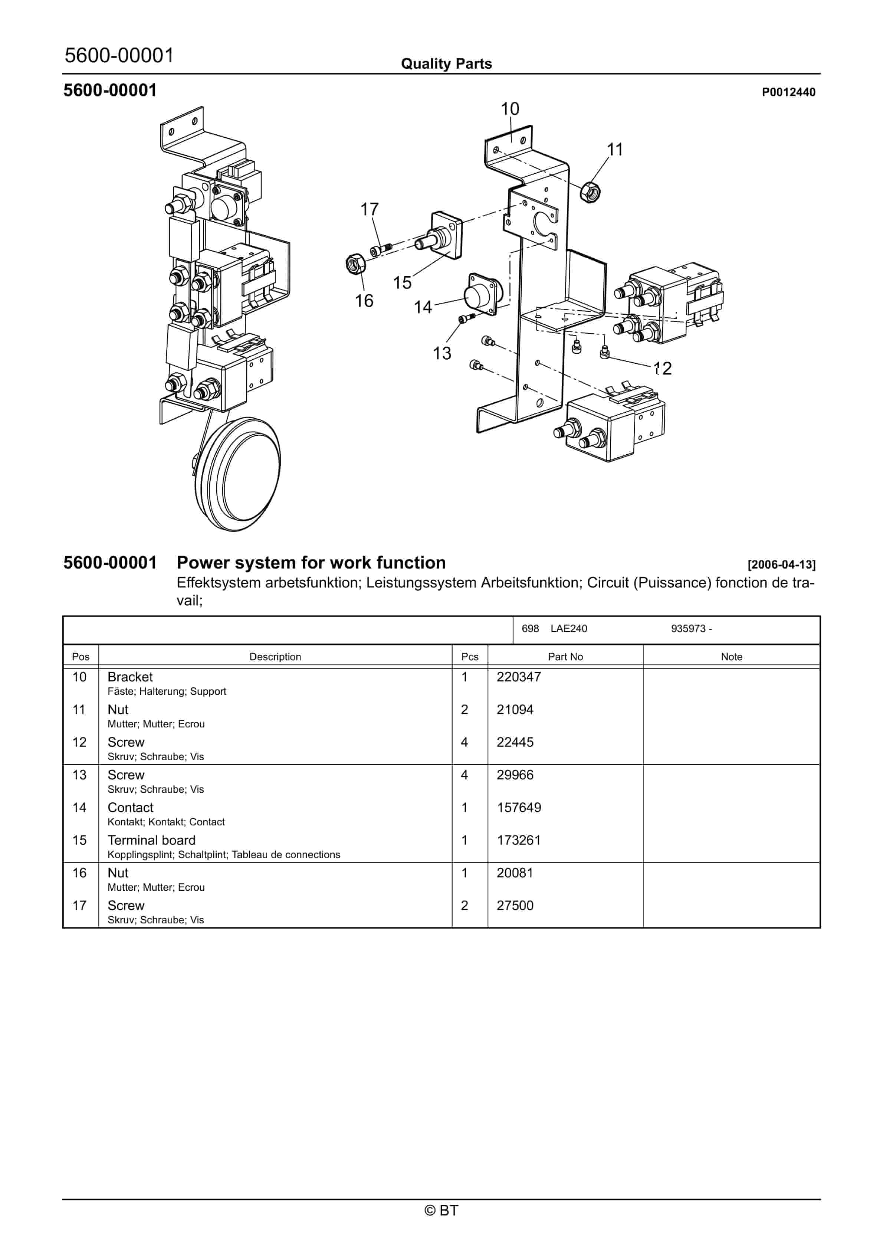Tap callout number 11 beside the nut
(615, 150)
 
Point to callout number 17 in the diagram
(369, 210)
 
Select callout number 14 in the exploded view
(423, 308)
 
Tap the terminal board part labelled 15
(444, 236)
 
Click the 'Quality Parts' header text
(446, 64)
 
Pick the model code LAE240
(569, 629)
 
